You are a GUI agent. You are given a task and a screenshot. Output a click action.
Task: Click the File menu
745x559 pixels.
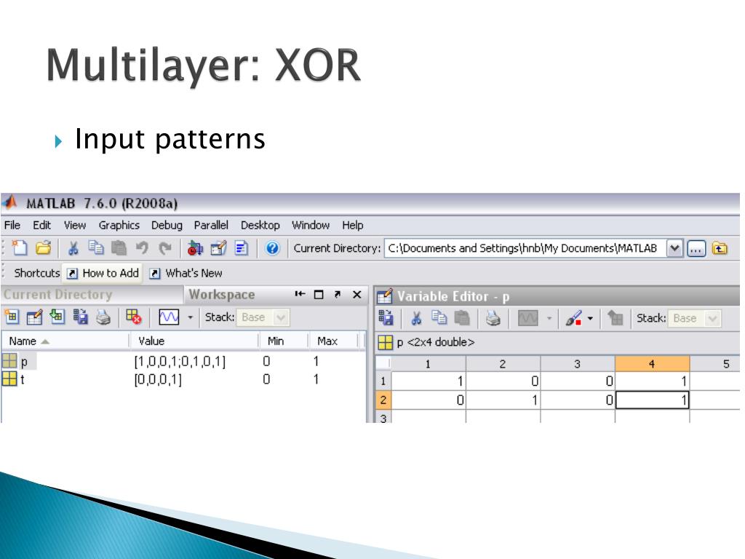[x=12, y=226]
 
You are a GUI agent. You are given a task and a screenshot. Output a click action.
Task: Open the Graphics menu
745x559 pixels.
[x=119, y=226]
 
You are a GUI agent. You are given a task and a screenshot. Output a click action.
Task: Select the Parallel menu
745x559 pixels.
[x=211, y=226]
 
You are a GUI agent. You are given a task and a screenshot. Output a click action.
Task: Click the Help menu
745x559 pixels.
[x=352, y=226]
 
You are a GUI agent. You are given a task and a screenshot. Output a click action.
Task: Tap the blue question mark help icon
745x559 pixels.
[x=273, y=248]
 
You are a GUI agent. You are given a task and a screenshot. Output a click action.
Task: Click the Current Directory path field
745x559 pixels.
[x=524, y=248]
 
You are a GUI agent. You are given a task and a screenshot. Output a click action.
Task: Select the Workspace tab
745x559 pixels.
[x=222, y=295]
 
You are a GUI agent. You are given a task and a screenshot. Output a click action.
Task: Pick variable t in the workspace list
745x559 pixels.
[x=22, y=378]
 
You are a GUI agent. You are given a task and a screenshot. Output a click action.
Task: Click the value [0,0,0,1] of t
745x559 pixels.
[x=158, y=378]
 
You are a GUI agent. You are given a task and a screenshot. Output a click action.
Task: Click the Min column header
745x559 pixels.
[x=276, y=341]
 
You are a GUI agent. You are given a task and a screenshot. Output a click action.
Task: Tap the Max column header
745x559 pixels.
[x=327, y=341]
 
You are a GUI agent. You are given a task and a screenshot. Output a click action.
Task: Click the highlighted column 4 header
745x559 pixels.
[x=651, y=363]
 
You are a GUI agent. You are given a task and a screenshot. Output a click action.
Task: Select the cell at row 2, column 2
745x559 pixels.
[x=503, y=400]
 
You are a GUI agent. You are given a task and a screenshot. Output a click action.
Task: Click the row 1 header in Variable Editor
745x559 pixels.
[x=383, y=381]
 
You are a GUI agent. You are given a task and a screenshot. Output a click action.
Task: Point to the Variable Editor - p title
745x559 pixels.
[x=453, y=296]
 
